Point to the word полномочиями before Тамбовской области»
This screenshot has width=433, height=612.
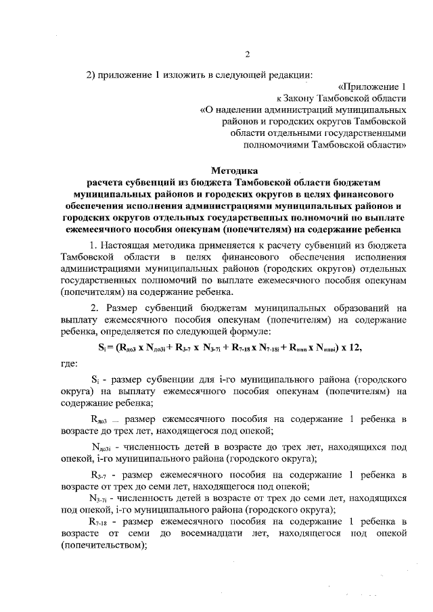click(x=271, y=144)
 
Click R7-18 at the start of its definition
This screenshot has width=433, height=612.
click(x=100, y=523)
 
